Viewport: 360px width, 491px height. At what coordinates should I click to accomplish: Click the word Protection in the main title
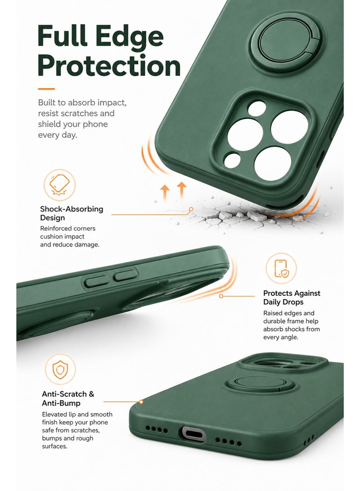[x=109, y=66]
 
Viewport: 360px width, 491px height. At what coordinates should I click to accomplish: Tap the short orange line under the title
[x=46, y=89]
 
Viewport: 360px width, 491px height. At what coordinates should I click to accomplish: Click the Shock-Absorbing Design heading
[x=72, y=213]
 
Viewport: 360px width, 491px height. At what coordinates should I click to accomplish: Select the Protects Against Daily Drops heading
[x=292, y=297]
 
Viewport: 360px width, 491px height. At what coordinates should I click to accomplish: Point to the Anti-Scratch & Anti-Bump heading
[x=68, y=398]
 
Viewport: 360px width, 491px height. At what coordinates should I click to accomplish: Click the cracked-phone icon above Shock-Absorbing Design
[x=59, y=185]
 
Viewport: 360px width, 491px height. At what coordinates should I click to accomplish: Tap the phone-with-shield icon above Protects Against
[x=281, y=268]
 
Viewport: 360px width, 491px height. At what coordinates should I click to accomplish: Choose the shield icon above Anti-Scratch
[x=60, y=369]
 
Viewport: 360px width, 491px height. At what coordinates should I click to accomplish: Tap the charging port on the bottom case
[x=192, y=434]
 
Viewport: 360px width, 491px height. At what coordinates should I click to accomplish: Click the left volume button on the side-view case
[x=97, y=281]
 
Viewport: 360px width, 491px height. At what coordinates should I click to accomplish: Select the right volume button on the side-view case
[x=126, y=275]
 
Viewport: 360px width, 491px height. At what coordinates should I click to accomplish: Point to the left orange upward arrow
[x=165, y=193]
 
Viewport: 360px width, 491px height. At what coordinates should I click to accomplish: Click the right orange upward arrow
[x=181, y=190]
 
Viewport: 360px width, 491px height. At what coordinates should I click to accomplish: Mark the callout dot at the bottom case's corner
[x=141, y=402]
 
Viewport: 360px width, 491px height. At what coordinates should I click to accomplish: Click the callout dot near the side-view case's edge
[x=221, y=296]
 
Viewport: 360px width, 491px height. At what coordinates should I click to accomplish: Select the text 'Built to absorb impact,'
[x=82, y=103]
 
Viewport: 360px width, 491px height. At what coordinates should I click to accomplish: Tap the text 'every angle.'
[x=280, y=337]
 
